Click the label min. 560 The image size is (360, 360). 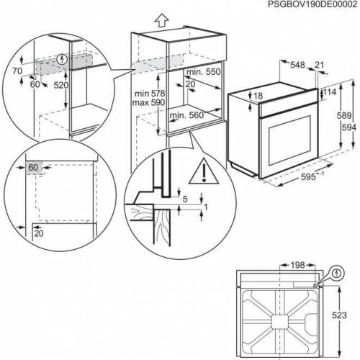coord(186,115)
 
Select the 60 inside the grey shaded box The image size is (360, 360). coord(33,168)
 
